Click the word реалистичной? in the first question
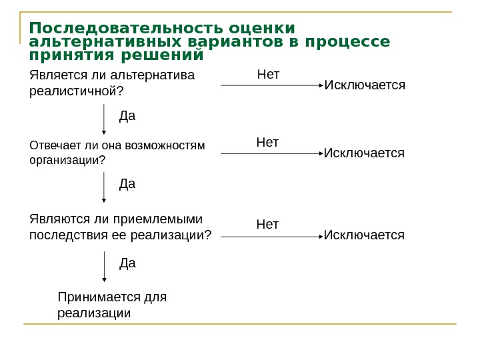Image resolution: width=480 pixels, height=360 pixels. [77, 90]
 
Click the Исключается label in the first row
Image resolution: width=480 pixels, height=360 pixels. [364, 86]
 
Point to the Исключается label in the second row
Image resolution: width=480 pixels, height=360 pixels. [364, 153]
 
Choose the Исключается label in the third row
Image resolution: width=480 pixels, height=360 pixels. [364, 235]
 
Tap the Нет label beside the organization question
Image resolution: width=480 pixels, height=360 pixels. [267, 142]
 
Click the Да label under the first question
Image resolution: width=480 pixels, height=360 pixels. [127, 117]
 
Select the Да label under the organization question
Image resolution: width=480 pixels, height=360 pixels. [127, 183]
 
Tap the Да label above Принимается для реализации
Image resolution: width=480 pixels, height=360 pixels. [127, 263]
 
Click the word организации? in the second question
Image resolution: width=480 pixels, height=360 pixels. [68, 160]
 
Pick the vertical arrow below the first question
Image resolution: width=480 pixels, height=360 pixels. [104, 119]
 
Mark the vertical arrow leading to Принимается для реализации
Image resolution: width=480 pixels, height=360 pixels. [104, 267]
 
